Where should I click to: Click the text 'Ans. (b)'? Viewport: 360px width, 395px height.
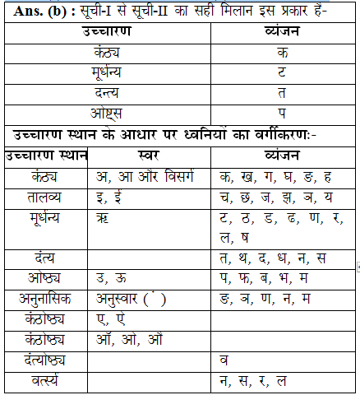tap(39, 12)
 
